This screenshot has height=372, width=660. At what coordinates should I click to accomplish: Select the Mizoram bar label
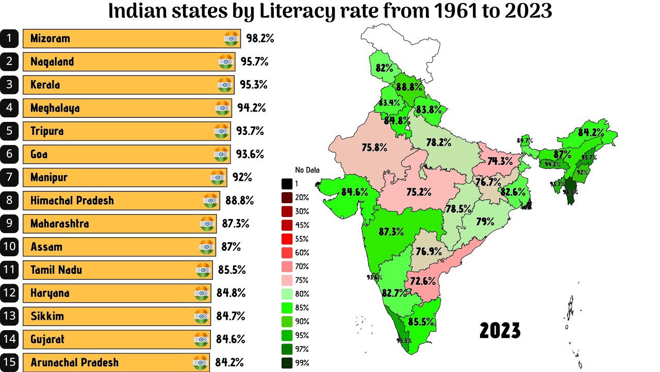[50, 38]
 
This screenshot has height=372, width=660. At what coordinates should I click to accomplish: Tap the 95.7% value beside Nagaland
[254, 61]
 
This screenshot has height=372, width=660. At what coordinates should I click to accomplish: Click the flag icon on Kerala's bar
[224, 85]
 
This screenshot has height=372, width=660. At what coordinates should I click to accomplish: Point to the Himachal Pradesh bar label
[72, 200]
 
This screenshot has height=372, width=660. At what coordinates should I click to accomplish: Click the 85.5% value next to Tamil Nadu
[231, 270]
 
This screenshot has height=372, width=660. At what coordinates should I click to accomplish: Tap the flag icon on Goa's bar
[221, 154]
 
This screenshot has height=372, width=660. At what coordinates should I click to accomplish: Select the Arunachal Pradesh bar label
[74, 362]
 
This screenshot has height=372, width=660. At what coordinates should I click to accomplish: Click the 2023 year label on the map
[500, 330]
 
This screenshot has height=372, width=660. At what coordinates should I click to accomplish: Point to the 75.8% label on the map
[374, 148]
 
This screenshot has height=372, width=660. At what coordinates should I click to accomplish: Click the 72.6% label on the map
[423, 282]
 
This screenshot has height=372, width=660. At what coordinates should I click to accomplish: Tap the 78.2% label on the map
[439, 142]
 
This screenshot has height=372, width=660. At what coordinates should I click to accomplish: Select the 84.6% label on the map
[355, 192]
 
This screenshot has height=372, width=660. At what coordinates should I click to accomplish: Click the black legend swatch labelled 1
[287, 183]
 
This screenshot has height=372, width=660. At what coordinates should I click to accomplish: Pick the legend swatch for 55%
[287, 239]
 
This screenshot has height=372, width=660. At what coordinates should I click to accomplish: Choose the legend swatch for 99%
[287, 363]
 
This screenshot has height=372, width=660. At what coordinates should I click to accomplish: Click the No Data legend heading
[307, 170]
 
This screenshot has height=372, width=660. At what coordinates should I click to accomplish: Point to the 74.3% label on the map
[500, 161]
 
